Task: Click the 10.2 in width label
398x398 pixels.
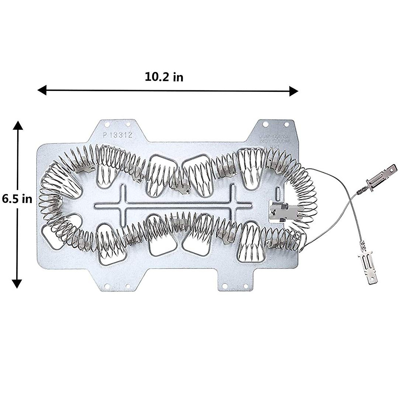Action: coord(164,77)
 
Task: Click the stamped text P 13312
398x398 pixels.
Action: coord(117,135)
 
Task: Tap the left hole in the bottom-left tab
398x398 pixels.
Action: coord(106,286)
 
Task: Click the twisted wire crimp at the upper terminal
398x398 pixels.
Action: coord(361,191)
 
